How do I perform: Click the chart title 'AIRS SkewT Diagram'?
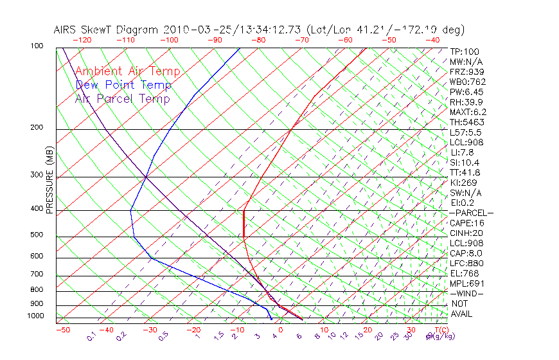(107, 30)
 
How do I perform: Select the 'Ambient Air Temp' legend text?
(128, 71)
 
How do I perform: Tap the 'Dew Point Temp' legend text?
(123, 85)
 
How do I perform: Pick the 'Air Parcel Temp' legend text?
(123, 98)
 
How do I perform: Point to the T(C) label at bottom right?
(441, 330)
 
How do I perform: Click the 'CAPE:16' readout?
(466, 223)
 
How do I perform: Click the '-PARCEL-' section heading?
(471, 213)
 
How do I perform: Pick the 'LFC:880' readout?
(466, 264)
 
